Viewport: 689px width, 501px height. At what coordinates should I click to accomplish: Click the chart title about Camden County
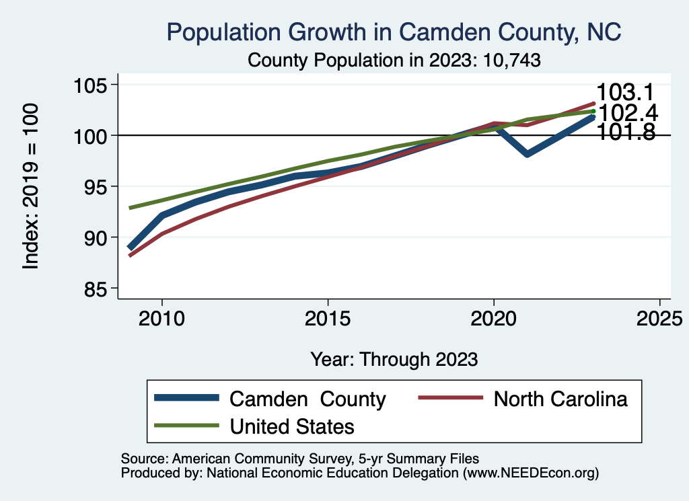[x=394, y=32]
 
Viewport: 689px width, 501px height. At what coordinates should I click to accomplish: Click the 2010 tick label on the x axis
[x=161, y=317]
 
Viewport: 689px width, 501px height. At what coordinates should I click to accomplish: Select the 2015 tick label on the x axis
[x=328, y=317]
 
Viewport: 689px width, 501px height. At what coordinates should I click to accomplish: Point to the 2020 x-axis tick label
[x=494, y=317]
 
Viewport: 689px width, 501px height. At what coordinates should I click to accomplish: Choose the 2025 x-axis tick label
[x=659, y=317]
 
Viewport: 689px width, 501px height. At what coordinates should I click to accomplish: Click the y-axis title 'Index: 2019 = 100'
[x=31, y=186]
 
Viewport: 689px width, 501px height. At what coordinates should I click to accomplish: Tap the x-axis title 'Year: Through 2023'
[x=394, y=359]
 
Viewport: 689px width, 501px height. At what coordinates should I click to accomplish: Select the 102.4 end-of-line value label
[x=627, y=113]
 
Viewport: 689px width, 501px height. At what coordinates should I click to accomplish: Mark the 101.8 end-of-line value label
[x=626, y=132]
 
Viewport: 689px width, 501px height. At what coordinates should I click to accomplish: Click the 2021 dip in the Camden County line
[x=527, y=154]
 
